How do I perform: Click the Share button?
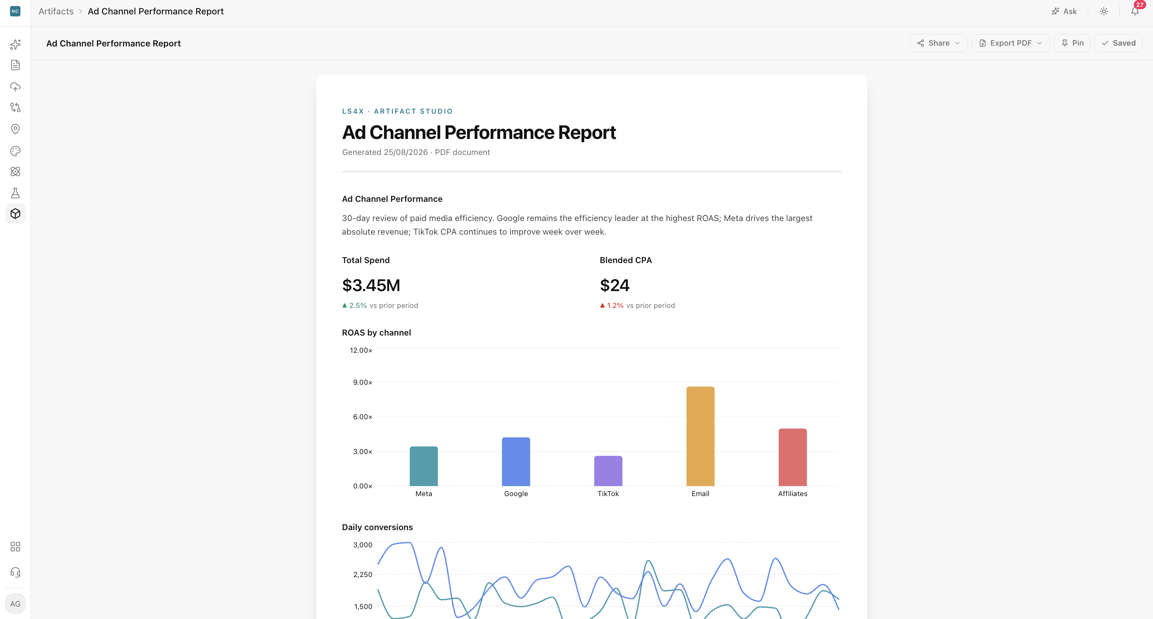click(938, 43)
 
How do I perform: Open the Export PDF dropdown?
click(1010, 43)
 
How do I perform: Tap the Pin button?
click(1072, 43)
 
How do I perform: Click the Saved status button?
click(1118, 43)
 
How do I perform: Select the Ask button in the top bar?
click(1064, 11)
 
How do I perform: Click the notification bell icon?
click(1135, 11)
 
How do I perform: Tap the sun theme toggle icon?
click(1104, 11)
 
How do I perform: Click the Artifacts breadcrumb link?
click(56, 11)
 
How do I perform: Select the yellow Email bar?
click(701, 436)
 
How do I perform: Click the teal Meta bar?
click(424, 466)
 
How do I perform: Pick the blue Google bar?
click(516, 462)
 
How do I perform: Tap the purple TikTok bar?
click(608, 471)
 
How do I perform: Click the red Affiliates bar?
click(793, 457)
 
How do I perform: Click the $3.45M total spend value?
click(371, 285)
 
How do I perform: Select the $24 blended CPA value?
click(615, 285)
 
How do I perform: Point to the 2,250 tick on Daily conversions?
click(363, 574)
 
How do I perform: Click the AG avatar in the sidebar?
click(15, 604)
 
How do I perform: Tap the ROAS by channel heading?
click(376, 333)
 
